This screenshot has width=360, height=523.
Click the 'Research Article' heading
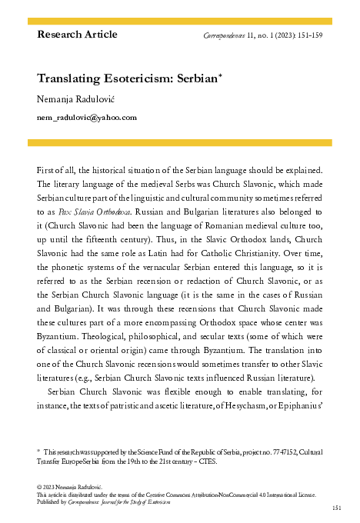click(77, 35)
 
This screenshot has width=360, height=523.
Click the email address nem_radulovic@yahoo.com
click(87, 118)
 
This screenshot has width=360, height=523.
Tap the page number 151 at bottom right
click(336, 508)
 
